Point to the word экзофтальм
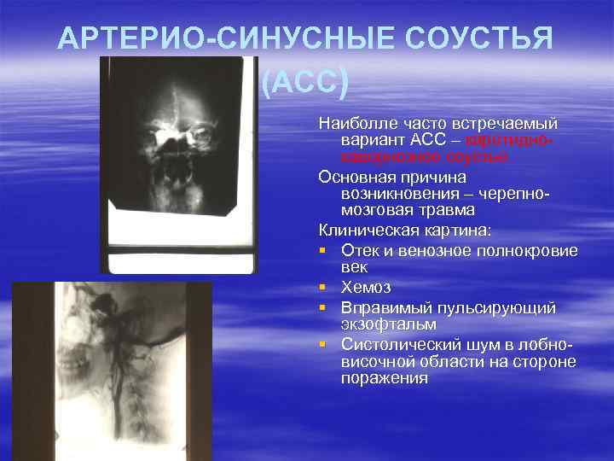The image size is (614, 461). [388, 324]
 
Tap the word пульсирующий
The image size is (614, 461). [502, 307]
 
